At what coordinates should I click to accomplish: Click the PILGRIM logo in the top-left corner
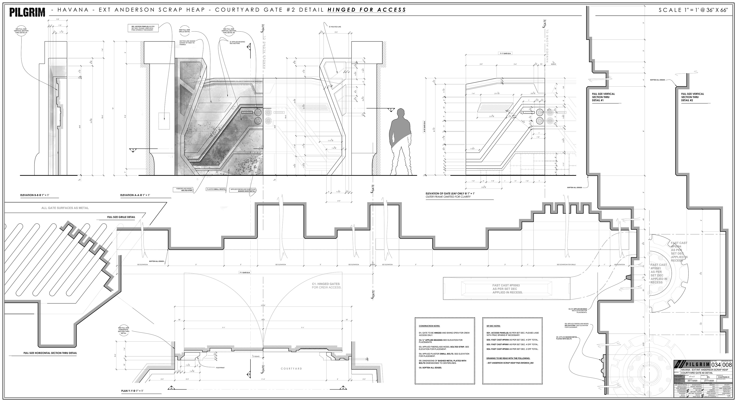pyautogui.click(x=27, y=12)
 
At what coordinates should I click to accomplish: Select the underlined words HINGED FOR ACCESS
pyautogui.click(x=367, y=10)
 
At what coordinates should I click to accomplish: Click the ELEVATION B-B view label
pyautogui.click(x=35, y=195)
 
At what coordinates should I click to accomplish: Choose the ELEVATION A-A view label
pyautogui.click(x=135, y=195)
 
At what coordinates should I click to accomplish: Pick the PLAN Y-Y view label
pyautogui.click(x=132, y=390)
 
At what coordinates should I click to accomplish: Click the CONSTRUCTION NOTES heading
pyautogui.click(x=429, y=326)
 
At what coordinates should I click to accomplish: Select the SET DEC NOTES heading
pyautogui.click(x=493, y=326)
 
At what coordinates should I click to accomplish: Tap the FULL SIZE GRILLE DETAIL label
pyautogui.click(x=121, y=217)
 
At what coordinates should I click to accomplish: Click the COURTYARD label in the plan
pyautogui.click(x=291, y=369)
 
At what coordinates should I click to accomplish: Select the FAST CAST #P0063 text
pyautogui.click(x=507, y=289)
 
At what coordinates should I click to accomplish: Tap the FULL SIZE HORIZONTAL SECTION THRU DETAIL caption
pyautogui.click(x=50, y=353)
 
